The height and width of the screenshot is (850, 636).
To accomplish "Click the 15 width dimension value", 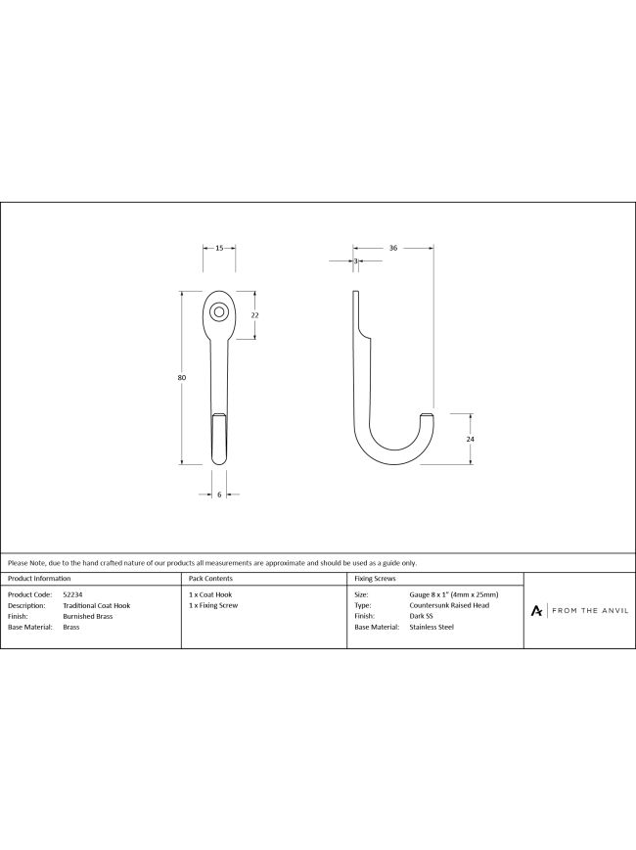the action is click(219, 249).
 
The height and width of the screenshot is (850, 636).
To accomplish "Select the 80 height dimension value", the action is click(181, 377).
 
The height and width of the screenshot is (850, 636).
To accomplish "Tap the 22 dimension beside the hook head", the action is click(255, 315).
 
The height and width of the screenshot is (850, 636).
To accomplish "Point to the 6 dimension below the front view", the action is click(219, 495).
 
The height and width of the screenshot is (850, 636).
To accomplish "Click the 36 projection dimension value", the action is click(393, 249).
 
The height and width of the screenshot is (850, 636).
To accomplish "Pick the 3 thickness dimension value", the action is click(356, 261).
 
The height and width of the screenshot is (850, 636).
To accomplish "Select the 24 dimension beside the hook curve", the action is click(470, 439).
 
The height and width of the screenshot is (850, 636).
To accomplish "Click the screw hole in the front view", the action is click(219, 311).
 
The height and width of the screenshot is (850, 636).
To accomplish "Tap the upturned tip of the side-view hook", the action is click(428, 416).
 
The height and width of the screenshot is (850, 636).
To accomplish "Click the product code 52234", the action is click(72, 594).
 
